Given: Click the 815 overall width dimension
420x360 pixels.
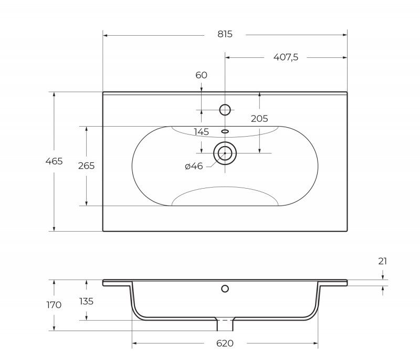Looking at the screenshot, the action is [225, 34].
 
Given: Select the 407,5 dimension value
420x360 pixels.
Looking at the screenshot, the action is [286, 57].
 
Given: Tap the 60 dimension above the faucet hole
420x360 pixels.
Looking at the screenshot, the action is [201, 75].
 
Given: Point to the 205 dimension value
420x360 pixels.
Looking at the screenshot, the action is [259, 118].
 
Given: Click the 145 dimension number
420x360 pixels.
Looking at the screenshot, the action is [201, 132].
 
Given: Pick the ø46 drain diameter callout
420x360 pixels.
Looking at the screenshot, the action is [194, 166].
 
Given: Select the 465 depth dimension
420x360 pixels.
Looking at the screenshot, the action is [54, 161].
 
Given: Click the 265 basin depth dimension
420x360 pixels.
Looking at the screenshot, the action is [86, 166].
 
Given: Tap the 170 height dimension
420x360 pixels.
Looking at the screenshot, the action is [54, 305].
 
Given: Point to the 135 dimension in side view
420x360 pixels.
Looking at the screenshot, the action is [86, 301].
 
